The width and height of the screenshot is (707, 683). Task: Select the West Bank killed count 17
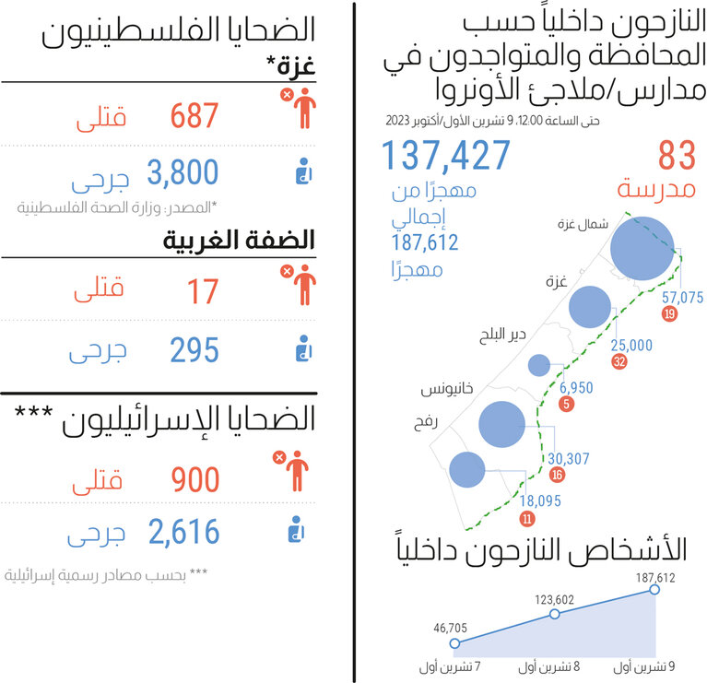[203, 291]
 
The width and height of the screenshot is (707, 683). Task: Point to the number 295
[194, 349]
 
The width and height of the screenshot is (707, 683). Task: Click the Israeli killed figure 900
[195, 479]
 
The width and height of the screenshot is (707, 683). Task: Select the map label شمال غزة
[582, 224]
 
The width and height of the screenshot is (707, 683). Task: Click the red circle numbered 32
[619, 361]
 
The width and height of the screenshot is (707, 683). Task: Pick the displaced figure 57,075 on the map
[682, 297]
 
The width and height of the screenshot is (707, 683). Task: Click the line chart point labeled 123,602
[554, 614]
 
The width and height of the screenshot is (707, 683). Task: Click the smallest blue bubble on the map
[540, 365]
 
